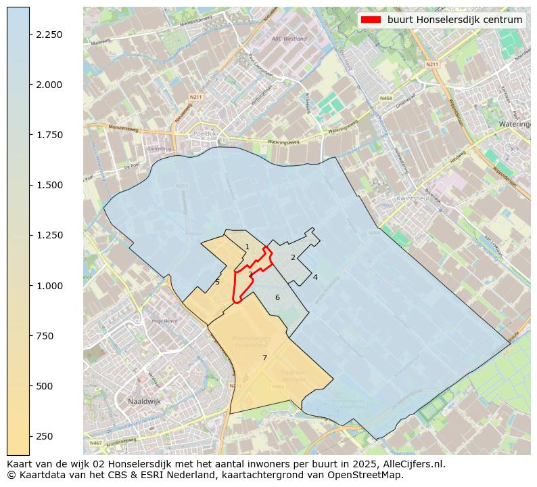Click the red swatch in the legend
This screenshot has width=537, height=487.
[x=371, y=20]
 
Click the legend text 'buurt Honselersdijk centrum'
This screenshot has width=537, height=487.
[x=454, y=20]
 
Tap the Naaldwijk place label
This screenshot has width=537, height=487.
[x=145, y=402]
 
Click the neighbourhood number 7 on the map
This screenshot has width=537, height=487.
[x=264, y=358]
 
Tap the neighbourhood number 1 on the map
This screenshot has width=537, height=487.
[x=247, y=247]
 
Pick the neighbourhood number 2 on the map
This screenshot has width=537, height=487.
[x=293, y=257]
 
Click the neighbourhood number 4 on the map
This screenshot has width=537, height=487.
[x=315, y=277]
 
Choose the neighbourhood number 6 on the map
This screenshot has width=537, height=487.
[x=277, y=297]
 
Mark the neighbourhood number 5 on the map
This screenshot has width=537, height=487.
[x=217, y=282]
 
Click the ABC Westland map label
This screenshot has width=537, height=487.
[x=289, y=39]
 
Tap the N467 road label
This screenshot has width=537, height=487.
[x=95, y=443]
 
